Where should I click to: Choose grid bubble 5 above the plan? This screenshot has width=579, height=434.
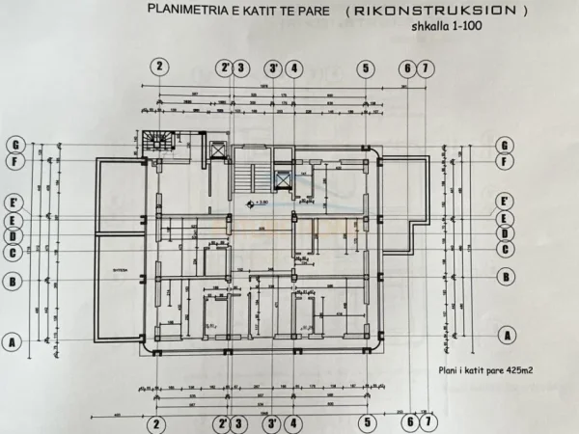point(366,68)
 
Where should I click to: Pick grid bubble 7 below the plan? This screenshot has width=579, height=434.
point(426,421)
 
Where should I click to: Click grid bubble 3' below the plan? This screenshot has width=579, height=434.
point(274,421)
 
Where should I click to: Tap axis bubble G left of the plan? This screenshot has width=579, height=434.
point(14,146)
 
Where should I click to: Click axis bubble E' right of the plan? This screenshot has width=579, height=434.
point(504,202)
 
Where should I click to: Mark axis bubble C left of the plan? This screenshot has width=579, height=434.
point(14,253)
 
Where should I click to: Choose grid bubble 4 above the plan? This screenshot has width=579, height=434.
point(294,68)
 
